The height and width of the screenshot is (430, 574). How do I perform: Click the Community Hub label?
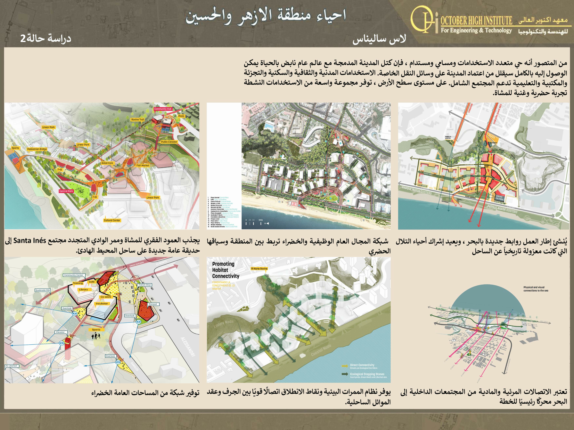pyautogui.click(x=163, y=109)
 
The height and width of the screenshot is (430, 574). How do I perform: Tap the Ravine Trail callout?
pyautogui.click(x=137, y=120)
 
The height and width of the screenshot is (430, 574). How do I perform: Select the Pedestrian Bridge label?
pyautogui.click(x=37, y=149)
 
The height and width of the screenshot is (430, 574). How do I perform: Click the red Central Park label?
pyautogui.click(x=66, y=191)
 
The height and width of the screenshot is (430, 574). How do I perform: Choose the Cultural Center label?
pyautogui.click(x=112, y=220)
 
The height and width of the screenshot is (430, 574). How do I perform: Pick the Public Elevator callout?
pyautogui.click(x=169, y=142)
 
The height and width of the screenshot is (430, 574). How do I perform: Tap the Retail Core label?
pyautogui.click(x=107, y=163)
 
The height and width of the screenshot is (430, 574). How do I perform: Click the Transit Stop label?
pyautogui.click(x=145, y=285)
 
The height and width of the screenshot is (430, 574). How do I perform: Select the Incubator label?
pyautogui.click(x=102, y=303)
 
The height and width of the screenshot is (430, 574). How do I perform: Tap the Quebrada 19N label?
pyautogui.click(x=43, y=290)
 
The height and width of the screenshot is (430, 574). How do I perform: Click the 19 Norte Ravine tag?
pyautogui.click(x=259, y=268)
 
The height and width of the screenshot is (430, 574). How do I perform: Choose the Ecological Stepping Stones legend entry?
pyautogui.click(x=367, y=374)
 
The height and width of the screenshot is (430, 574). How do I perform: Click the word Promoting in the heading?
pyautogui.click(x=223, y=264)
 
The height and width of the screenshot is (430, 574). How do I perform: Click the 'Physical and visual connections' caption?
pyautogui.click(x=536, y=289)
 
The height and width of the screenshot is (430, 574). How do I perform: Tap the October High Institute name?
pyautogui.click(x=476, y=20)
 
